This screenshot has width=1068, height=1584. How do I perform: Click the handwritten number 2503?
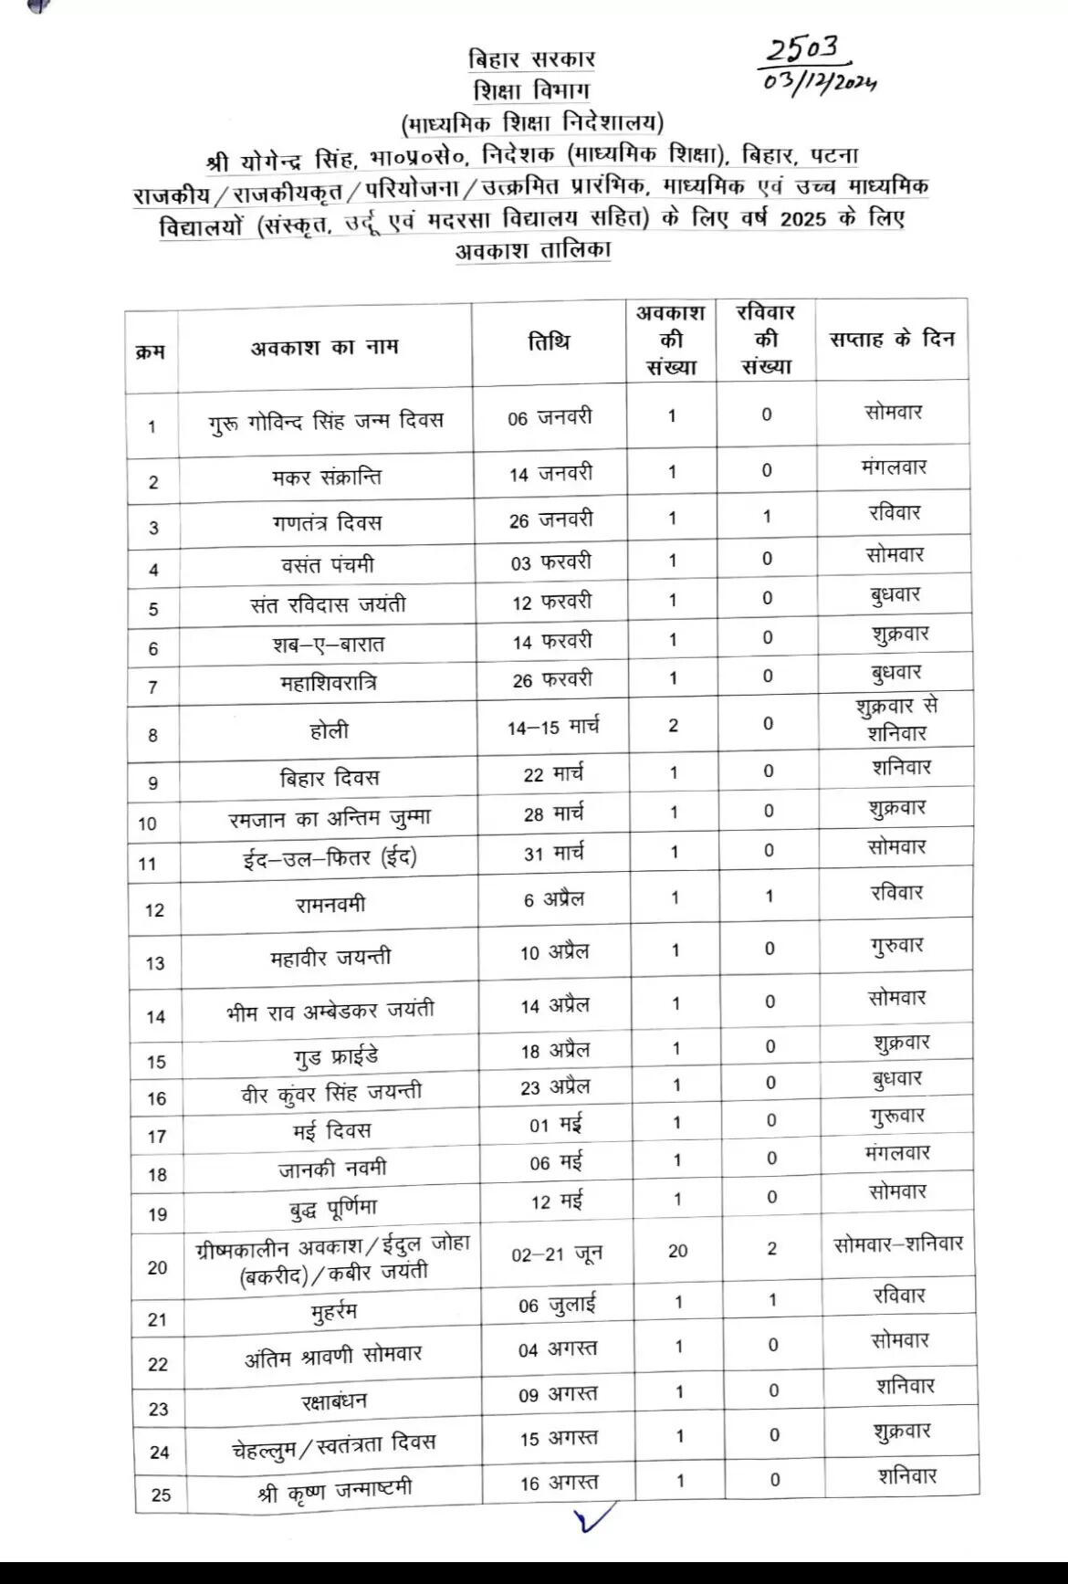pyautogui.click(x=801, y=51)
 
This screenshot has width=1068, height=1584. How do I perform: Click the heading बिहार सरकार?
pyautogui.click(x=531, y=60)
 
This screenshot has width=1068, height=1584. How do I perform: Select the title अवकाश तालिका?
pyautogui.click(x=533, y=250)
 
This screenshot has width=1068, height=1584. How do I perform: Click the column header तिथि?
pyautogui.click(x=549, y=342)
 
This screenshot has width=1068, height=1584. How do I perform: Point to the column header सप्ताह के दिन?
pyautogui.click(x=891, y=339)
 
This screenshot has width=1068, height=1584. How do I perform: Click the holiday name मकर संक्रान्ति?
pyautogui.click(x=326, y=477)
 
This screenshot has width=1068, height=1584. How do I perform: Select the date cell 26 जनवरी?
pyautogui.click(x=550, y=519)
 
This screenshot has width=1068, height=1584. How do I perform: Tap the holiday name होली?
pyautogui.click(x=329, y=730)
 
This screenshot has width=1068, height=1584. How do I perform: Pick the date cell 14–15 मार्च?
pyautogui.click(x=552, y=728)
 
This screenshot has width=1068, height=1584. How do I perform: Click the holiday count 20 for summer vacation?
pyautogui.click(x=677, y=1251)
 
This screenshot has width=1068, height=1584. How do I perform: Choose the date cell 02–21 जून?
pyautogui.click(x=556, y=1254)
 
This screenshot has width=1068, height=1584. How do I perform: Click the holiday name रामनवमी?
pyautogui.click(x=330, y=904)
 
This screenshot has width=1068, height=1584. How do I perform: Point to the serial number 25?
pyautogui.click(x=161, y=1495)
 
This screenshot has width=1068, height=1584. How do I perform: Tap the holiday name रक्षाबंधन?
pyautogui.click(x=334, y=1400)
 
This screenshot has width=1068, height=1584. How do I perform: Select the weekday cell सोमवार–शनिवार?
pyautogui.click(x=898, y=1243)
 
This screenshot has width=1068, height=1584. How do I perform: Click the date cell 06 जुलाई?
pyautogui.click(x=557, y=1305)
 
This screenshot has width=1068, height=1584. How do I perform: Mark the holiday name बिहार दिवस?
pyautogui.click(x=329, y=779)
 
